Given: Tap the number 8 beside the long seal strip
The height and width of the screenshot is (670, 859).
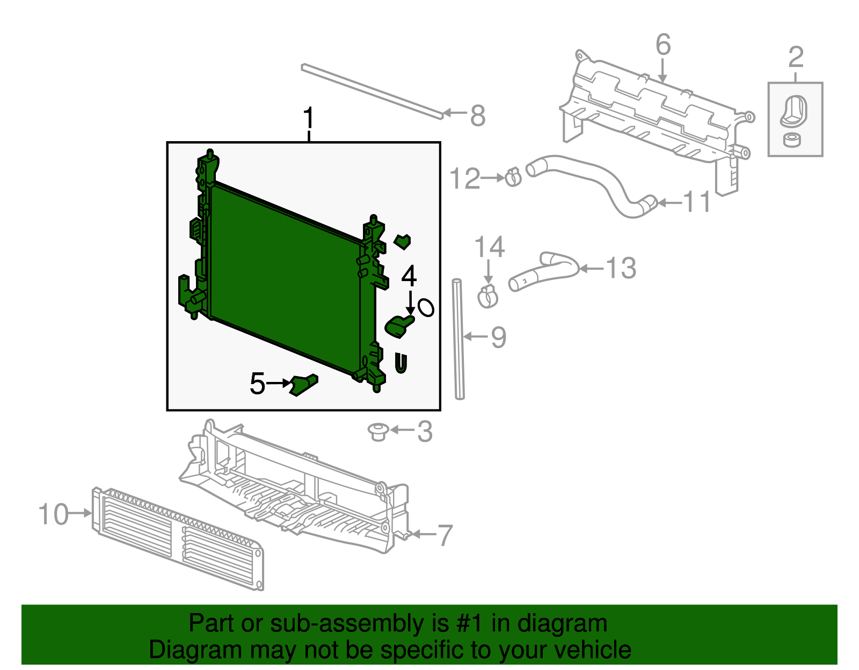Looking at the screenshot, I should coord(477,115).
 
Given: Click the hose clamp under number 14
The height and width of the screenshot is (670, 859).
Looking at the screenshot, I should coord(487,297).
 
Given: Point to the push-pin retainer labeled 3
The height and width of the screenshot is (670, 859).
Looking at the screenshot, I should coord(378,431).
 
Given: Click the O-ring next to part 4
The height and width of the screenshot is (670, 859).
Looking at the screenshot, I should coord(426,307).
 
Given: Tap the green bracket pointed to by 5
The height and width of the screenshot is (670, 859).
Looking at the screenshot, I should coord(303,385).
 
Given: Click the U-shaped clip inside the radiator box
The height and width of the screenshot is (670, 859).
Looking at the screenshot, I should coord(401,363).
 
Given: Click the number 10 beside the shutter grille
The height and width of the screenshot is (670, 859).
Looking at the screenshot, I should coord(53,514).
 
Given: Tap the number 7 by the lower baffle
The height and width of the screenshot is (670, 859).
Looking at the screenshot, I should coord(445,535).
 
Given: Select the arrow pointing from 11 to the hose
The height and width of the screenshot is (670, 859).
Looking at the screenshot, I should coord(669,203).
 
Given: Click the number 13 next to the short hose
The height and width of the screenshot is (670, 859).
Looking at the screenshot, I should coord(621,268).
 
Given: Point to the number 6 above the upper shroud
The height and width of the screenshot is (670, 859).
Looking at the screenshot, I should coord(663,45).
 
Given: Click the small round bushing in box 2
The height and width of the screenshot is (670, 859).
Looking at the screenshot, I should coord(791,140).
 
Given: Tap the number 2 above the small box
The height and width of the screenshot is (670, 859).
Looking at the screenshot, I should coord(796,57).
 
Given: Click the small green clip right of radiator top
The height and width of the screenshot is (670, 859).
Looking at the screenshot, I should coord(402,241).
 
